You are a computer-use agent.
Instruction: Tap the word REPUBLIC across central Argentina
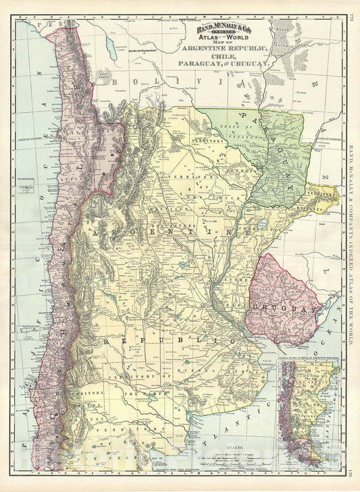click(169, 341)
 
